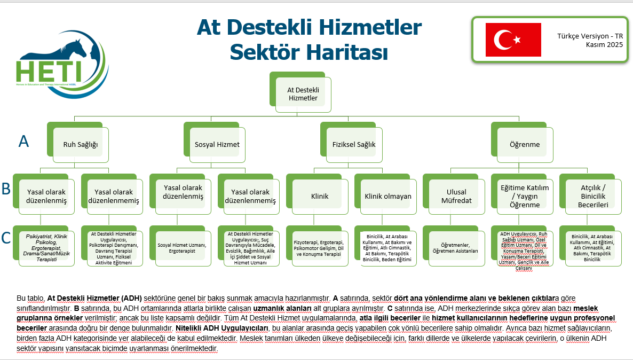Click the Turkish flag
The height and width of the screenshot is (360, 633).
[513, 40]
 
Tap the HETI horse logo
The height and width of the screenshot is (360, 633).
[62, 65]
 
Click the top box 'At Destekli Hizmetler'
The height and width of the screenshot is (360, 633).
[303, 94]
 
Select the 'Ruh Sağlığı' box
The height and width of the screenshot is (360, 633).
[81, 145]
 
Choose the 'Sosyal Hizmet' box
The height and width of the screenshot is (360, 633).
[217, 145]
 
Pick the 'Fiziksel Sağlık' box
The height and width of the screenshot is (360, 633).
[354, 145]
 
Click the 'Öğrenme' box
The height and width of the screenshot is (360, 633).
[525, 145]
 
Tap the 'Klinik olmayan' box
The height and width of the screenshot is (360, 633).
[389, 197]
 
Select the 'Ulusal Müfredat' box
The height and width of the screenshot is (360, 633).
[456, 197]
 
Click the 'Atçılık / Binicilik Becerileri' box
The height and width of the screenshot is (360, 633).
[594, 197]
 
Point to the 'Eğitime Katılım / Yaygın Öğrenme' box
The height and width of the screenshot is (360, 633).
[525, 197]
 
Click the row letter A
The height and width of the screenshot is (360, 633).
[24, 142]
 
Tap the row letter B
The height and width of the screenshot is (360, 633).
[6, 189]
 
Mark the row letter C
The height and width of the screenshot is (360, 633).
[6, 238]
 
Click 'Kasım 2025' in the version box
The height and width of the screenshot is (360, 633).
[604, 45]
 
